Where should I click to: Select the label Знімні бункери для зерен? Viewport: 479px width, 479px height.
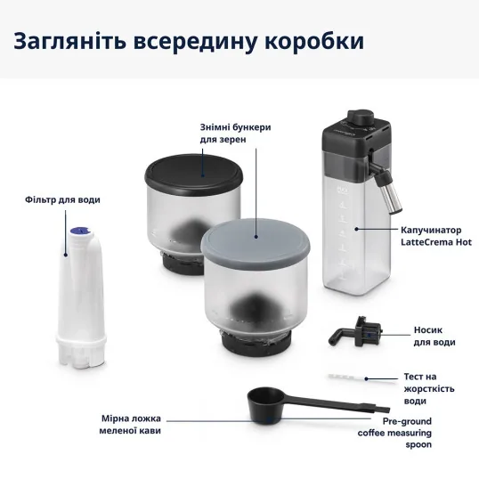point(235,134)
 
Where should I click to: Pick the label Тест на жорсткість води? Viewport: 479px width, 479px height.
point(429,386)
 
